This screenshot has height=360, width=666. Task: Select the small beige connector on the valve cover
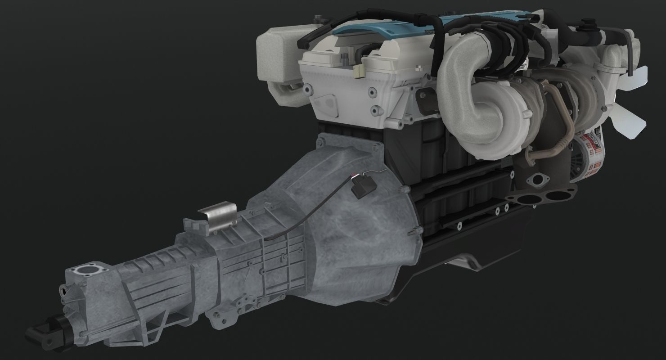(x=359, y=70)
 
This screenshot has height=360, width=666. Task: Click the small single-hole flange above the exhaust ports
(x=538, y=180)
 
